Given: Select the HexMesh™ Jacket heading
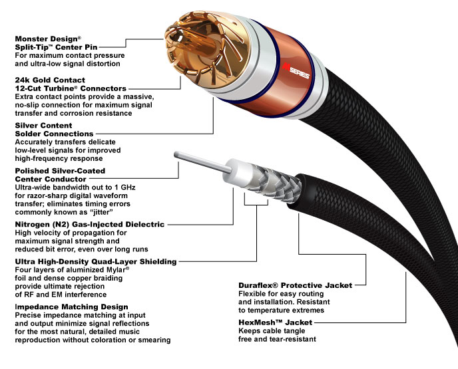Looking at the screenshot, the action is [274, 322].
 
